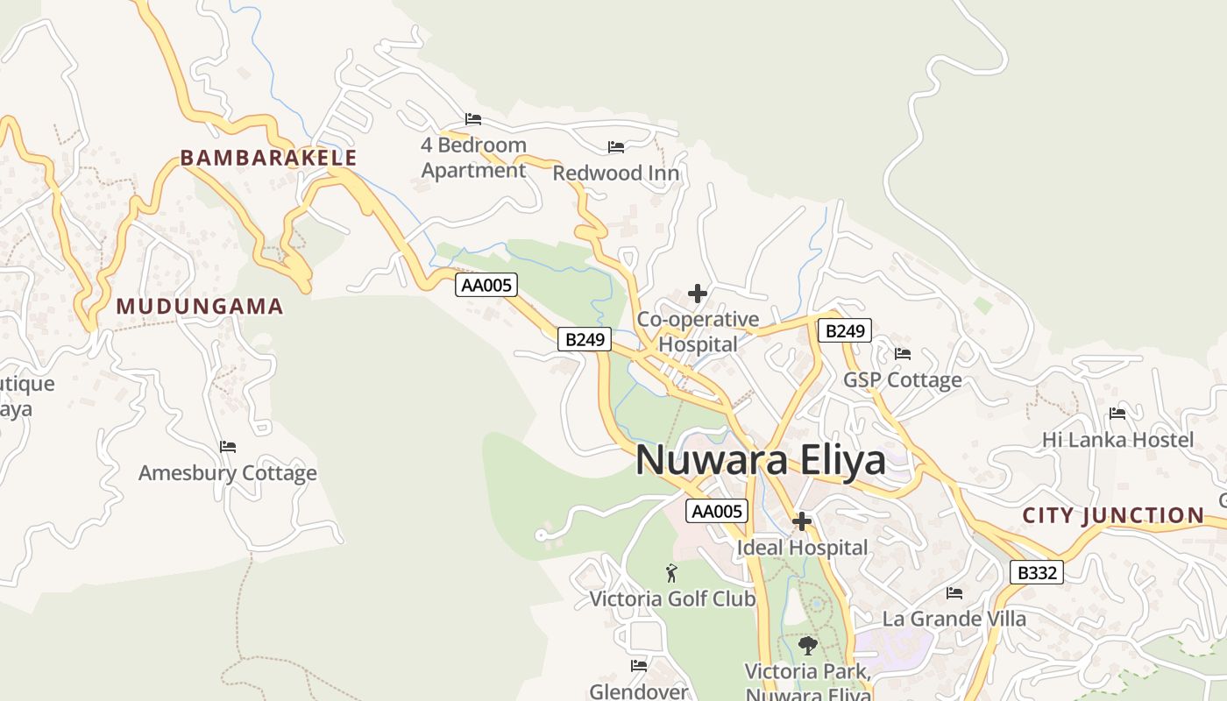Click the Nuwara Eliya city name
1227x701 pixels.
pos(760,460)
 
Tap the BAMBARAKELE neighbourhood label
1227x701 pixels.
pos(268,158)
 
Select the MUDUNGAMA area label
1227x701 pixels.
pos(200,307)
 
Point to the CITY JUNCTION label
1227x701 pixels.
pos(1113,515)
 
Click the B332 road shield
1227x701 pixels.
pos(1036,573)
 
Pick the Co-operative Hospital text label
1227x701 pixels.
pos(698,331)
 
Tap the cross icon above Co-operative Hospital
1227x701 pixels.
pos(698,294)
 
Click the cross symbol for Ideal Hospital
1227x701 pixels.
pos(801,522)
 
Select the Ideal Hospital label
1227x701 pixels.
pos(803,548)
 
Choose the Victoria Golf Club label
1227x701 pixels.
pos(672,599)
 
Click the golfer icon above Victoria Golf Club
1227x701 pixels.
pos(671,573)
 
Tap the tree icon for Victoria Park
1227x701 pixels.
pos(807,647)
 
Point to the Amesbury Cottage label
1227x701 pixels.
pos(228,473)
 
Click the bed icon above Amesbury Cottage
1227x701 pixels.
pos(228,447)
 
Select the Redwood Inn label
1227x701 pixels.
pos(615,173)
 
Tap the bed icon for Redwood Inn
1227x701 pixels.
pos(616,147)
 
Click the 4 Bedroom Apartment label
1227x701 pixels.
pos(473,158)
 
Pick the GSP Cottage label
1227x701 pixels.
pos(902,380)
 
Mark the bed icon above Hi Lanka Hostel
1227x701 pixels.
pos(1117,414)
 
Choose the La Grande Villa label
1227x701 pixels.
pos(954,619)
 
